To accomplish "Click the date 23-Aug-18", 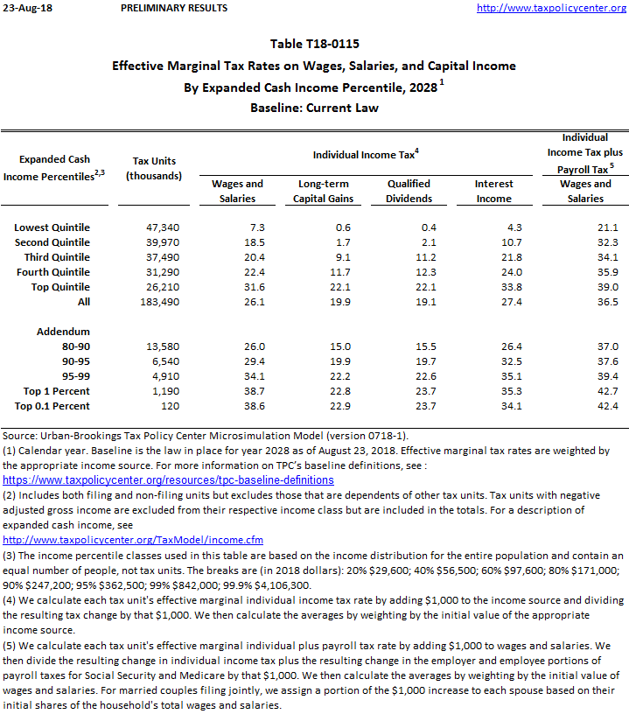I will [26, 8].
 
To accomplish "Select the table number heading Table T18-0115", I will [313, 44].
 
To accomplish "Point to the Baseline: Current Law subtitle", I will [313, 108].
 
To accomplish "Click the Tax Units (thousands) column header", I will [153, 168].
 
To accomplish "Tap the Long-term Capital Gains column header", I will [325, 191].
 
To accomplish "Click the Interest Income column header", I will [493, 191].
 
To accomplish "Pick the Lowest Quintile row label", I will [52, 227].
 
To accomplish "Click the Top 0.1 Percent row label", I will [52, 406].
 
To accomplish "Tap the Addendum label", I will [63, 332].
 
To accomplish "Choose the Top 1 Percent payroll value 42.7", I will [607, 391].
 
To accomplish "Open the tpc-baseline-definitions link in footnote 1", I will [168, 479].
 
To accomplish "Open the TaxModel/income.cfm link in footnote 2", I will [133, 540].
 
